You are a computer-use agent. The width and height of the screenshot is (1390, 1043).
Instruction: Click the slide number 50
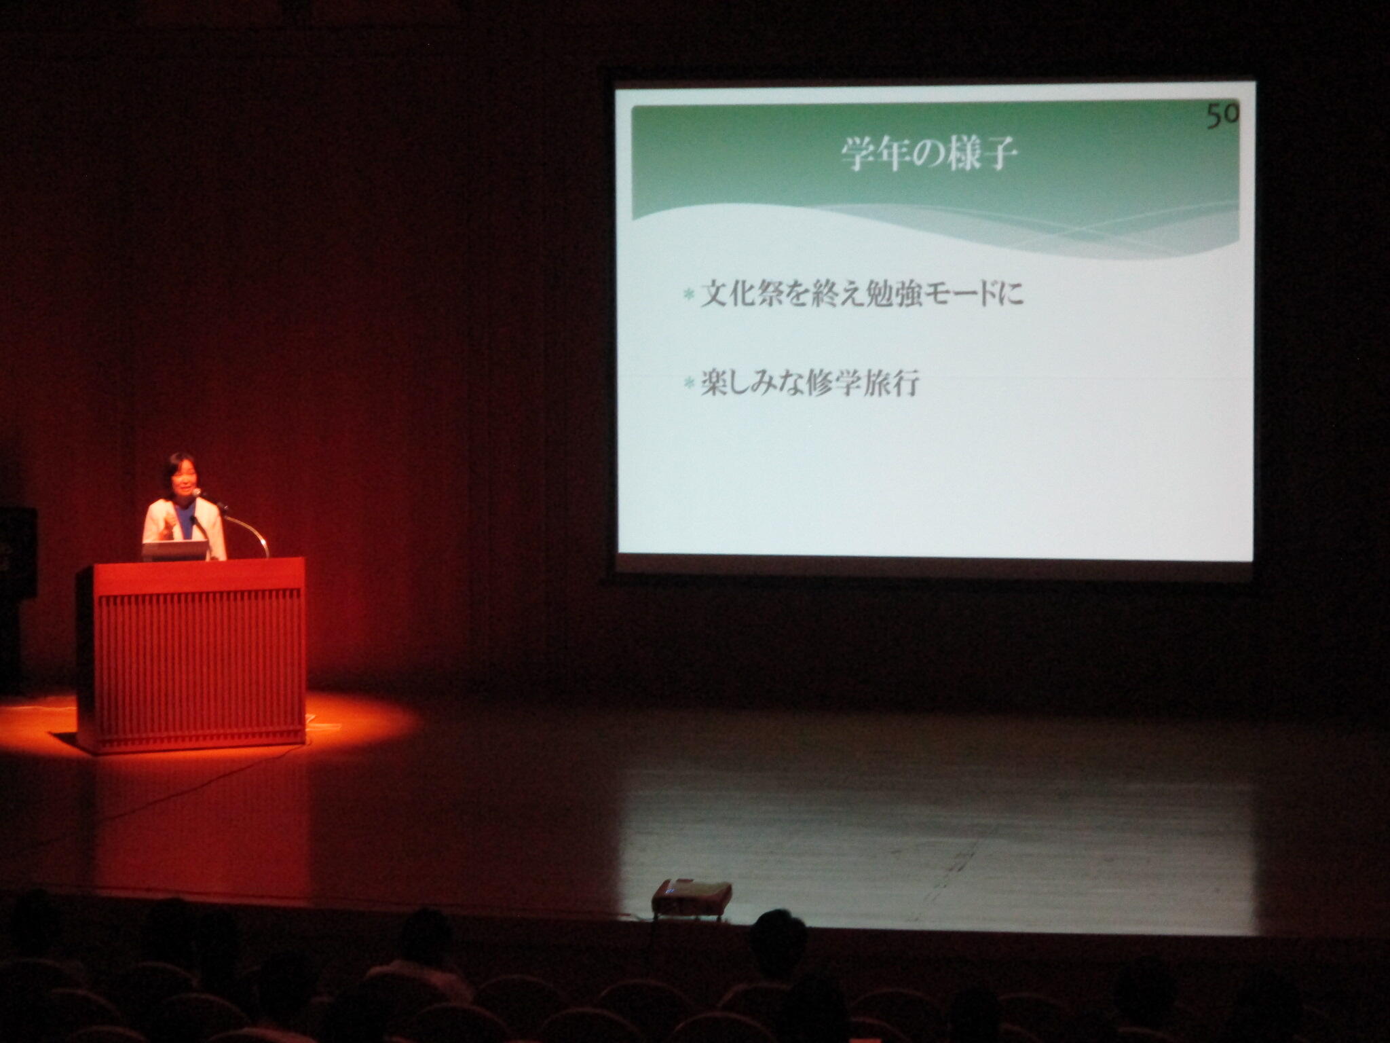coord(1222,115)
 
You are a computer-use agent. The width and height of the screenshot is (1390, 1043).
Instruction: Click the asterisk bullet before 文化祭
coord(689,295)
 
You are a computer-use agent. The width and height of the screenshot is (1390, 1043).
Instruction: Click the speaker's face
coord(181,481)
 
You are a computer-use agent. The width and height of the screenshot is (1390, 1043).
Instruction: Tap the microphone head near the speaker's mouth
coord(198,492)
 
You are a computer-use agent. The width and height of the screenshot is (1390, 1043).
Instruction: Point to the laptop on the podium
coord(174,551)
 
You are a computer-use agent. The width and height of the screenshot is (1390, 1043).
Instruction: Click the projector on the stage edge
coord(692,896)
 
